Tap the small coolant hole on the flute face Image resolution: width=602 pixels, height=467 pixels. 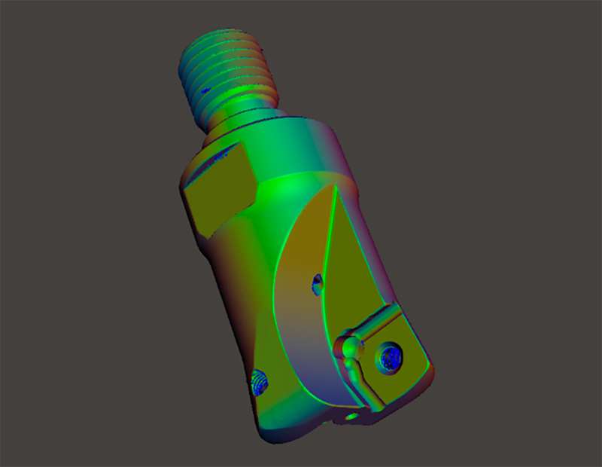click(318, 283)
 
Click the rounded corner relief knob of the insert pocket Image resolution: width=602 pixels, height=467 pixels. click(349, 348)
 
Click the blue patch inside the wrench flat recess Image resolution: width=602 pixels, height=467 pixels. click(221, 157)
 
